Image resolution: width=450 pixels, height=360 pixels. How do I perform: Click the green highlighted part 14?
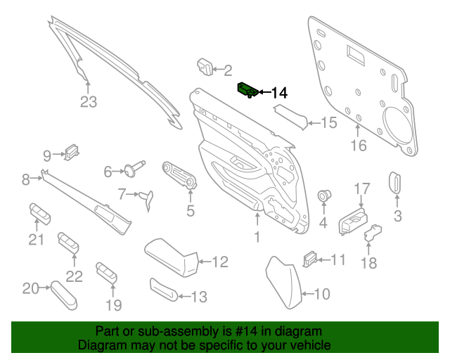pos(247,89)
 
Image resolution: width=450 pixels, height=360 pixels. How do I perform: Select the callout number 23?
pos(88,102)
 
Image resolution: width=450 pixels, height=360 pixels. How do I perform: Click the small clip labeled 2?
pos(205,66)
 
